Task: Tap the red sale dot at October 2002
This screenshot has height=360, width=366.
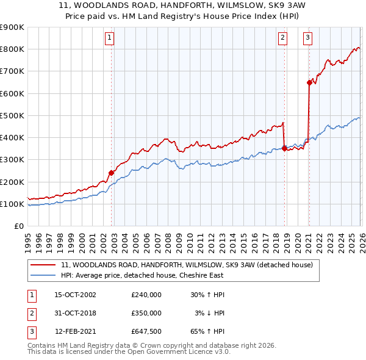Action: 112,173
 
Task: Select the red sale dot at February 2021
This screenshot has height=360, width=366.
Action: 309,83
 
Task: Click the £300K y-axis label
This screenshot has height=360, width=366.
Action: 12,160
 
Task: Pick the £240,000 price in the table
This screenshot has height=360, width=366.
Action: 146,295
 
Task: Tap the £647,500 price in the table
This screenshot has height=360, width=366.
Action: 146,331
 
